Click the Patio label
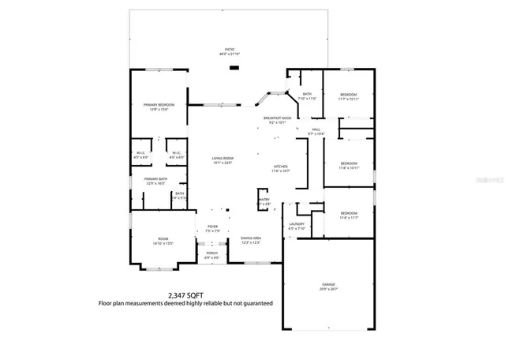(230, 49)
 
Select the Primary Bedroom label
(159, 105)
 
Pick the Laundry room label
(297, 224)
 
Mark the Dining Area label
(251, 238)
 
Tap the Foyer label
(212, 227)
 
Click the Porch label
(211, 253)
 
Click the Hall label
(316, 129)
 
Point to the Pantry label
(264, 200)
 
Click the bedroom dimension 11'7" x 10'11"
(349, 99)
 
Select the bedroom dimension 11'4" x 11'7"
(349, 217)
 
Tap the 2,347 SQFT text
(185, 294)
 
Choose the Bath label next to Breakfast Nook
(306, 94)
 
